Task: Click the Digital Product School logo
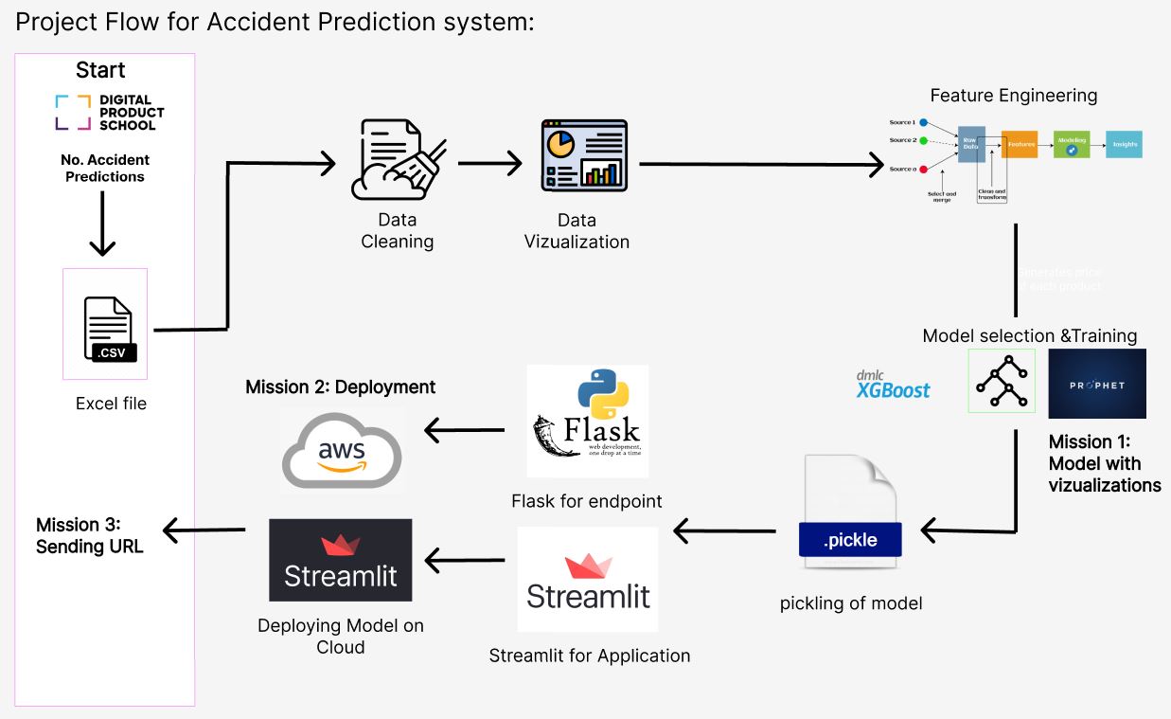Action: pyautogui.click(x=109, y=112)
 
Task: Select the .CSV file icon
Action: pyautogui.click(x=110, y=328)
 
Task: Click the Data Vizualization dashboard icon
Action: pyautogui.click(x=583, y=154)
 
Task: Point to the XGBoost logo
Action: pyautogui.click(x=893, y=385)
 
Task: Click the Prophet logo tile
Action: pyautogui.click(x=1096, y=384)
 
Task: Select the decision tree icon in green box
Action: pyautogui.click(x=1002, y=381)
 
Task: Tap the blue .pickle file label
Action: pyautogui.click(x=849, y=540)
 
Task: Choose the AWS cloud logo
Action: pyautogui.click(x=342, y=450)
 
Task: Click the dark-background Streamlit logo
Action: pyautogui.click(x=340, y=560)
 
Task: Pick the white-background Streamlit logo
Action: pyautogui.click(x=588, y=580)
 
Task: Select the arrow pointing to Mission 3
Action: pyautogui.click(x=204, y=529)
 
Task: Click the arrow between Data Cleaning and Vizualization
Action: pyautogui.click(x=489, y=163)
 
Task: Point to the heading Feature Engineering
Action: pyautogui.click(x=1013, y=96)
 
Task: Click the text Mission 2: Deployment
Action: pyautogui.click(x=340, y=387)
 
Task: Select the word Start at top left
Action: pyautogui.click(x=100, y=70)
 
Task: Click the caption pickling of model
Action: pyautogui.click(x=850, y=603)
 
